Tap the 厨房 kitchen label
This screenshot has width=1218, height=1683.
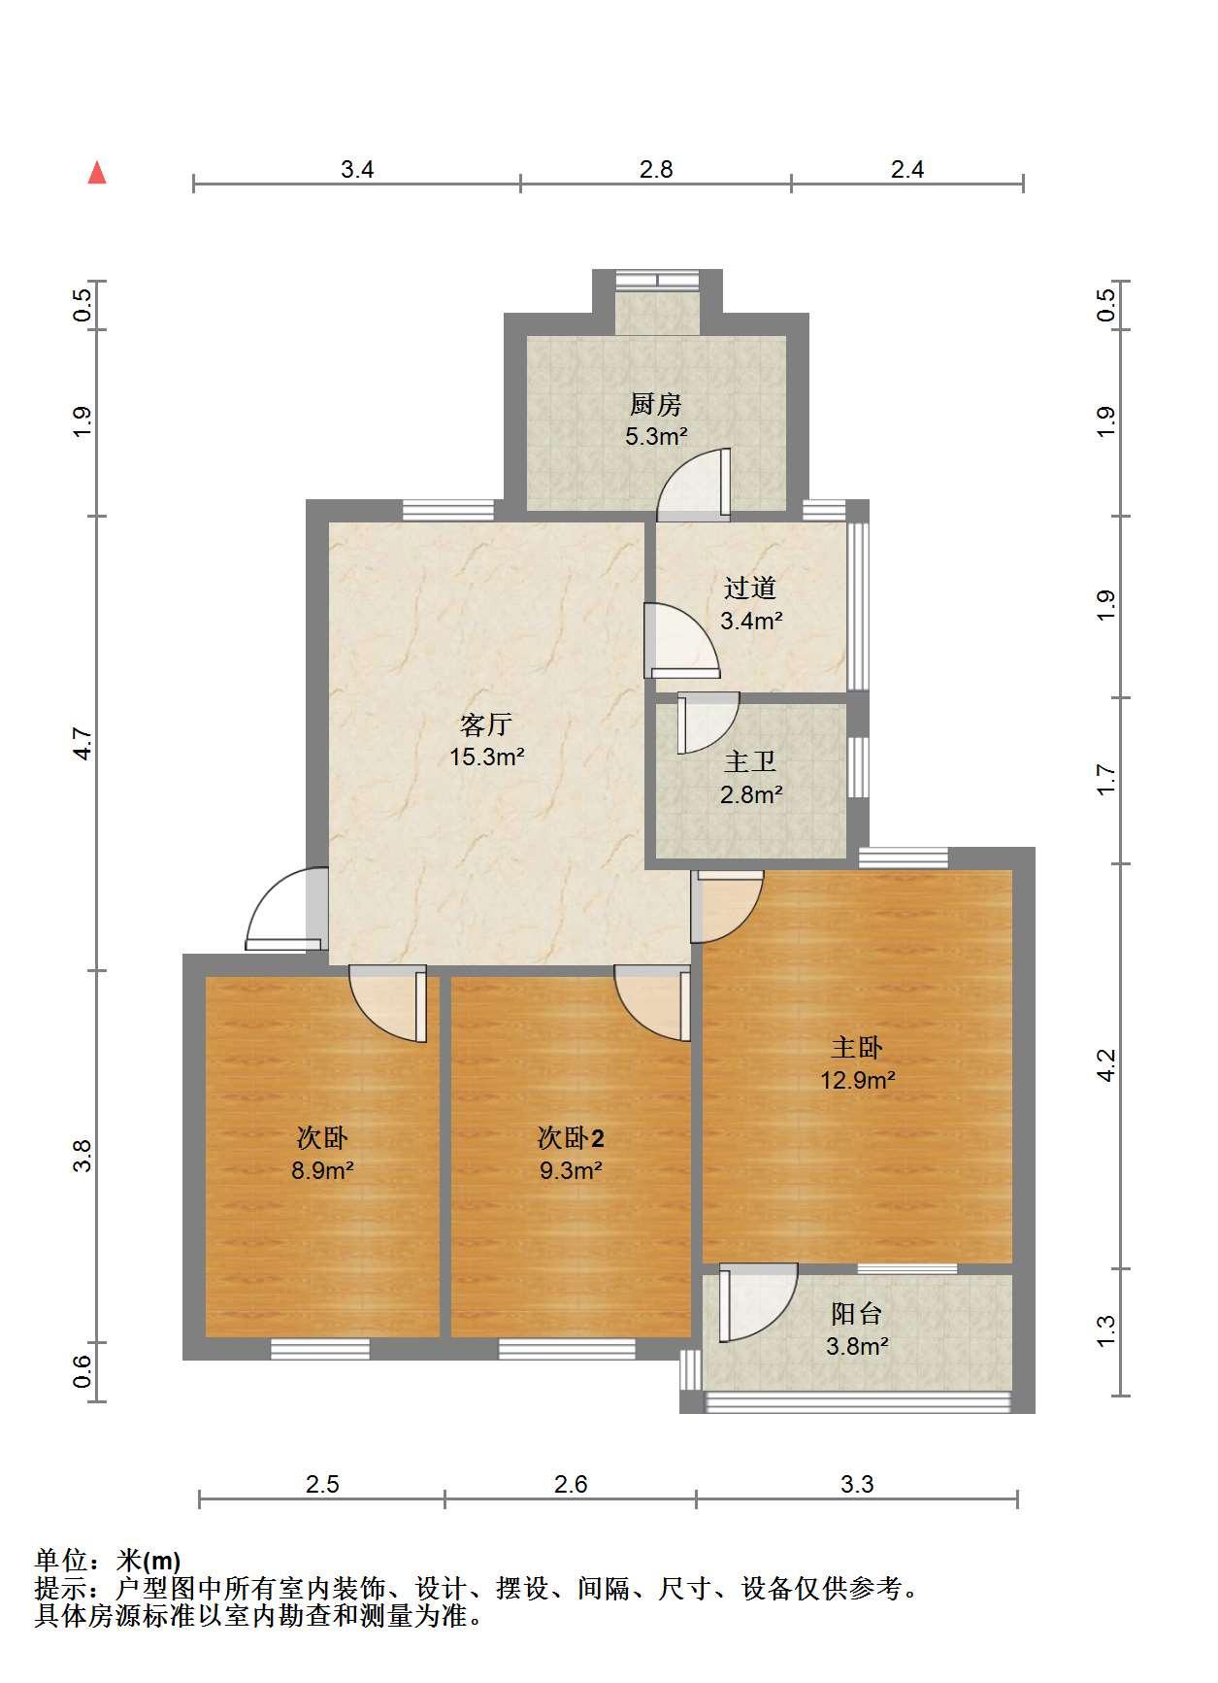(x=656, y=403)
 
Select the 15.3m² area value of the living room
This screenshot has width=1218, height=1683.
(x=487, y=757)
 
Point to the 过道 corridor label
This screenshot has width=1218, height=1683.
(x=750, y=588)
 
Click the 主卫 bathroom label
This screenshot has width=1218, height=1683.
(x=750, y=761)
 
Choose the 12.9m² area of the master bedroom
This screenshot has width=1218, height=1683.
(x=858, y=1079)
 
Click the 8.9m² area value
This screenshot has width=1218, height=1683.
(x=323, y=1170)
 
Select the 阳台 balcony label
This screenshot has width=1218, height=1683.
(x=857, y=1314)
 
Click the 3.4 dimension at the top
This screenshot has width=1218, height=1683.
(x=357, y=169)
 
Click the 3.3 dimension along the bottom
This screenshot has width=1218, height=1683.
(x=857, y=1484)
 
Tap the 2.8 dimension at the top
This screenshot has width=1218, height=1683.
(x=656, y=169)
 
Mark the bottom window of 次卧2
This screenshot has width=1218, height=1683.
(x=568, y=1348)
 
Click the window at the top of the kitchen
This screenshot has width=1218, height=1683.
(x=658, y=279)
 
